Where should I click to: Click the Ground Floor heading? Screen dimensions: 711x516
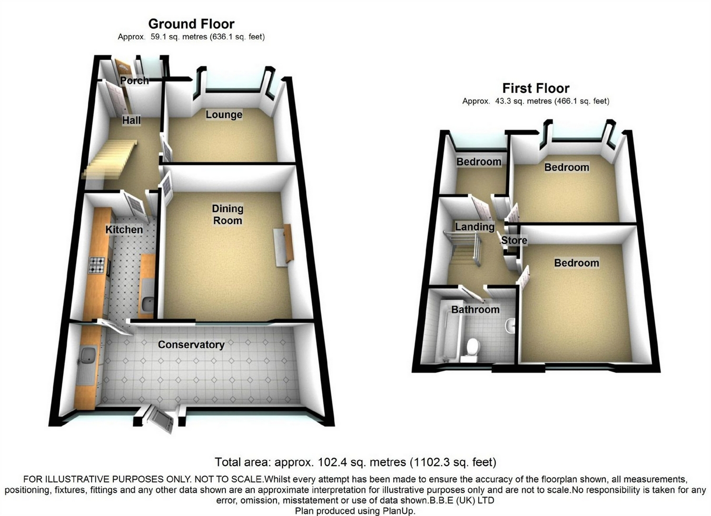click(191, 24)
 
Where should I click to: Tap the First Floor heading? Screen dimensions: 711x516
click(536, 88)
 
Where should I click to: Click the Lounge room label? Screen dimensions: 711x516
click(224, 115)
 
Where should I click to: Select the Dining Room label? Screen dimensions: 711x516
click(228, 214)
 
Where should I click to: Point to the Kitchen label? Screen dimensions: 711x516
click(124, 230)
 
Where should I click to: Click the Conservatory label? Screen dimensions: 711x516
click(191, 345)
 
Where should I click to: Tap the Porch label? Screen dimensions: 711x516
click(134, 81)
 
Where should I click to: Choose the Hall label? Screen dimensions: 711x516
click(131, 121)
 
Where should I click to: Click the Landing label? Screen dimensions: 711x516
click(475, 227)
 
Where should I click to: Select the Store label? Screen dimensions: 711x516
click(514, 241)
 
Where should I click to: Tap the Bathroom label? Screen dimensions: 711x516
click(475, 310)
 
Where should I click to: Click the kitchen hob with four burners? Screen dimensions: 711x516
click(96, 265)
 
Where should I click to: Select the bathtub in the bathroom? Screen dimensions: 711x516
click(444, 337)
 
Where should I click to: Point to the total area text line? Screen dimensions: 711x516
click(355, 462)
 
